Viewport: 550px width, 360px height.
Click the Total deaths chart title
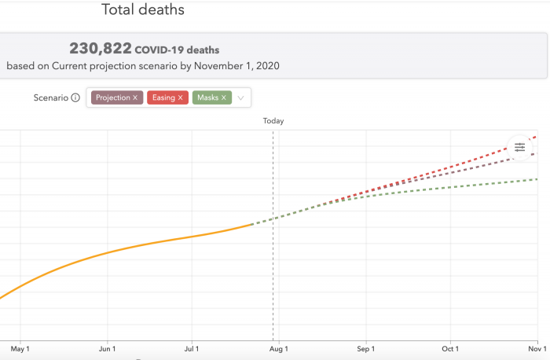click(143, 10)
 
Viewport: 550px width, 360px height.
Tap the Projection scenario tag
click(112, 97)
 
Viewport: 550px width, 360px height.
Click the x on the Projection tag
click(135, 97)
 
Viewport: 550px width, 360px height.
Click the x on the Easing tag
click(181, 97)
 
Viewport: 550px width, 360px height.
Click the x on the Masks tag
click(224, 97)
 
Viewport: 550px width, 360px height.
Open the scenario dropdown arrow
click(241, 98)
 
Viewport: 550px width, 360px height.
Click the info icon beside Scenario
click(75, 98)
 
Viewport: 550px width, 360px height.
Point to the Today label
click(273, 121)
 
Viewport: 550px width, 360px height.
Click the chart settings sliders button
click(519, 146)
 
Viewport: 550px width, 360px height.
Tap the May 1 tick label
click(20, 348)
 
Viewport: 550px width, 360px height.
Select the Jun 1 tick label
click(107, 348)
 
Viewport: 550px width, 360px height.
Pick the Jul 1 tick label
click(192, 348)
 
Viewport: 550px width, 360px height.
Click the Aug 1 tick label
click(279, 348)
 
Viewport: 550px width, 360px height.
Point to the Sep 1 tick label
click(365, 348)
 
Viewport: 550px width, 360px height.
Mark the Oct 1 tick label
click(450, 348)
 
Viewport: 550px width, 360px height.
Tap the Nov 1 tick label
click(537, 348)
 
